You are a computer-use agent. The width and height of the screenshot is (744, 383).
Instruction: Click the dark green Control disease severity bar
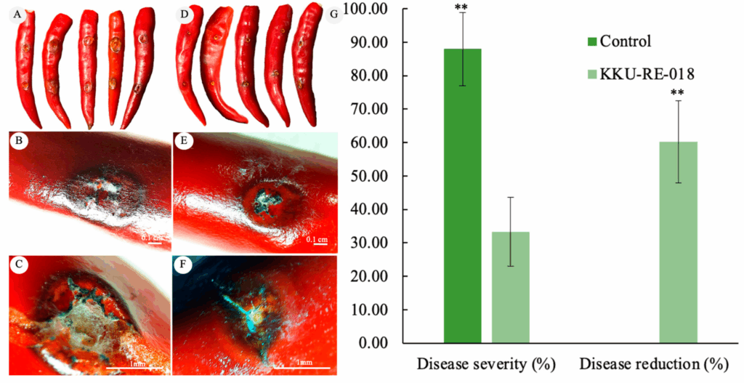coord(462,196)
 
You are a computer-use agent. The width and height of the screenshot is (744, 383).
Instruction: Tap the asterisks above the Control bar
coord(461,9)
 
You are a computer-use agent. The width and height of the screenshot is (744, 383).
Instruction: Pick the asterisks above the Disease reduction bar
coord(678,94)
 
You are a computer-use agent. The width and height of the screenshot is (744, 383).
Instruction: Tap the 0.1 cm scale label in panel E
coord(314,239)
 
